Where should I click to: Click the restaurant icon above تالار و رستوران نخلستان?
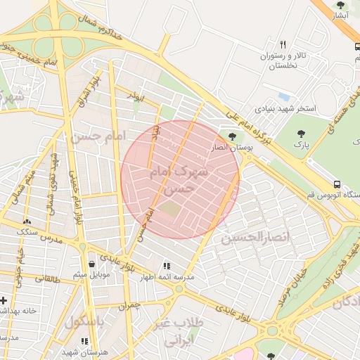pyautogui.click(x=283, y=44)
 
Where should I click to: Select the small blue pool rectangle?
pyautogui.click(x=283, y=96)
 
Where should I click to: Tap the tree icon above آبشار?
pyautogui.click(x=341, y=5)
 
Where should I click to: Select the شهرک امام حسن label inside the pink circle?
pyautogui.click(x=180, y=180)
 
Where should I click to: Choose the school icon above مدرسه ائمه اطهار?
pyautogui.click(x=167, y=266)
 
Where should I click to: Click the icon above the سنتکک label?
pyautogui.click(x=27, y=221)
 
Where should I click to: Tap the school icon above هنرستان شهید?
pyautogui.click(x=85, y=341)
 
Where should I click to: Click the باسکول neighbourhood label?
pyautogui.click(x=84, y=322)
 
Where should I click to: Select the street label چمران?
pyautogui.click(x=129, y=306)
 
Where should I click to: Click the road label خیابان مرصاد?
pyautogui.click(x=296, y=281)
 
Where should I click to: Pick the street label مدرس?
pyautogui.click(x=51, y=240)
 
